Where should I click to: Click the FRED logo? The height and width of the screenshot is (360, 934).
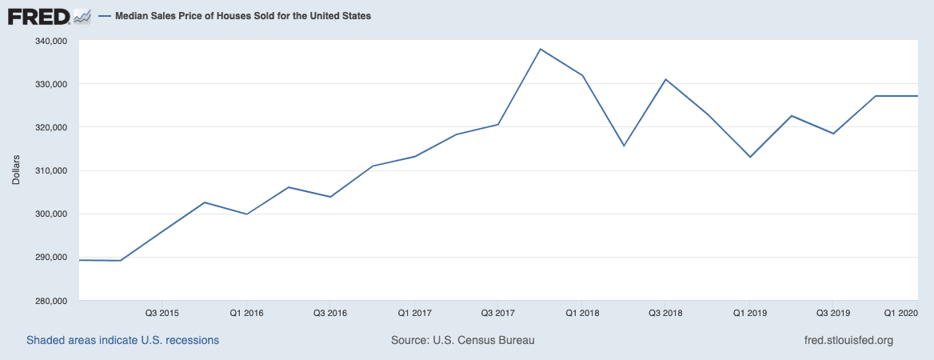[x=49, y=15]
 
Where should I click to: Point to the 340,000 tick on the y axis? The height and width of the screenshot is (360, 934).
[x=50, y=41]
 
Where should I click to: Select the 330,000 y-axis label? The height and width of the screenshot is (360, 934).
[x=50, y=84]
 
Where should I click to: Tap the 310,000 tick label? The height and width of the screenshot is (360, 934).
[x=50, y=170]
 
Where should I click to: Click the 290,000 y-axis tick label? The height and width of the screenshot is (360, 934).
[x=50, y=258]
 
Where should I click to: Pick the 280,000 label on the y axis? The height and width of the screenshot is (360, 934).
[x=50, y=301]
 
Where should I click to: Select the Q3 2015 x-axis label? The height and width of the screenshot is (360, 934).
[x=162, y=312]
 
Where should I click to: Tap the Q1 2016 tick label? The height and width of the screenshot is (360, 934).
[x=246, y=312]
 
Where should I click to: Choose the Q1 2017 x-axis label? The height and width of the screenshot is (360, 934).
[x=414, y=312]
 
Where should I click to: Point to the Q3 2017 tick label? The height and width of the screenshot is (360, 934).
[x=498, y=312]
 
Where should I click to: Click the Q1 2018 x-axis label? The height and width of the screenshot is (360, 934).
[x=582, y=312]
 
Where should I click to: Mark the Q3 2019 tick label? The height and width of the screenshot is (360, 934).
[x=833, y=312]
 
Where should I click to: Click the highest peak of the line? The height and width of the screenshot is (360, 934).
[x=541, y=49]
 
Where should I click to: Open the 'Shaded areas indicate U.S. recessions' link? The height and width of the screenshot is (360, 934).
[x=122, y=340]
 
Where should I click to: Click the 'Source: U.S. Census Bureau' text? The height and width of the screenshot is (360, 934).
[x=462, y=340]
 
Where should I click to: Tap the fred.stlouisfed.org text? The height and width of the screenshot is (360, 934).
[x=848, y=340]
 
